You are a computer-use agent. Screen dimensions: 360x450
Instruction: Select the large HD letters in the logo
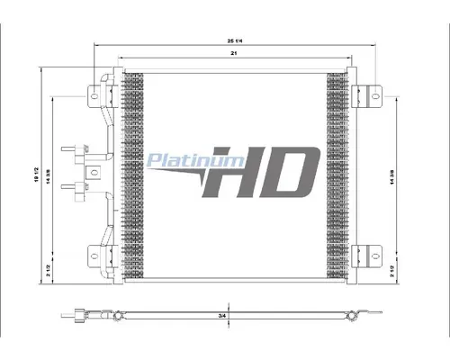pos(261,171)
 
